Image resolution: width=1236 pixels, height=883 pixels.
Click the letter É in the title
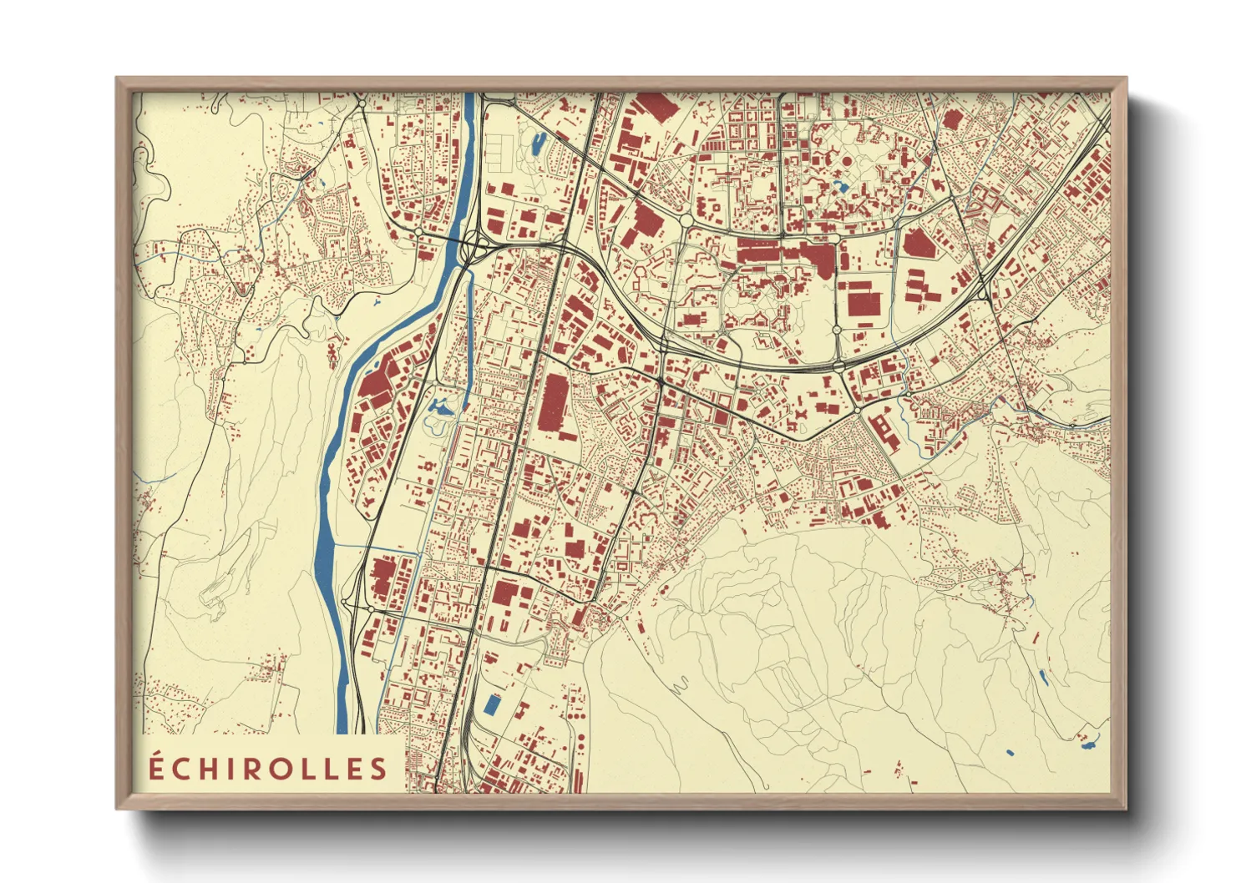156,767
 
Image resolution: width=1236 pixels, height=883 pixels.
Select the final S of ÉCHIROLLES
380,768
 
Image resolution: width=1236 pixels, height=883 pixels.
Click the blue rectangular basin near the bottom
492,705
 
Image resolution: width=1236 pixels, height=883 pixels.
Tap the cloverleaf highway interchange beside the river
474,245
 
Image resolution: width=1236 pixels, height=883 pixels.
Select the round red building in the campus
846,160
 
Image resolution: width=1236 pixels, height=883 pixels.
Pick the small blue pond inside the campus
841,188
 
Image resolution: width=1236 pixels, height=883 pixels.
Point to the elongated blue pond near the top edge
536,144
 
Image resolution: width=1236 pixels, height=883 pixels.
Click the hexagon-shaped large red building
919,243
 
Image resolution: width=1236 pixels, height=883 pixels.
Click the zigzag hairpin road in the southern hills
678,686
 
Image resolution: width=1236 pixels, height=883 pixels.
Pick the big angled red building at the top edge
656,107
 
